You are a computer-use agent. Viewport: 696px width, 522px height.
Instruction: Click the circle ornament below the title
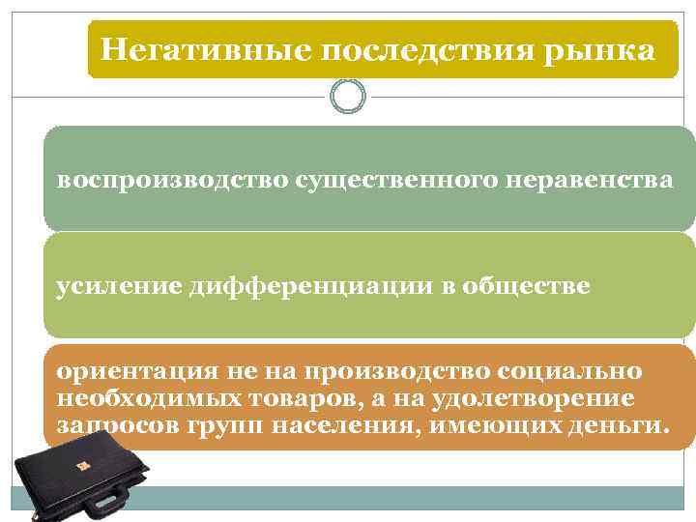coord(348,96)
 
